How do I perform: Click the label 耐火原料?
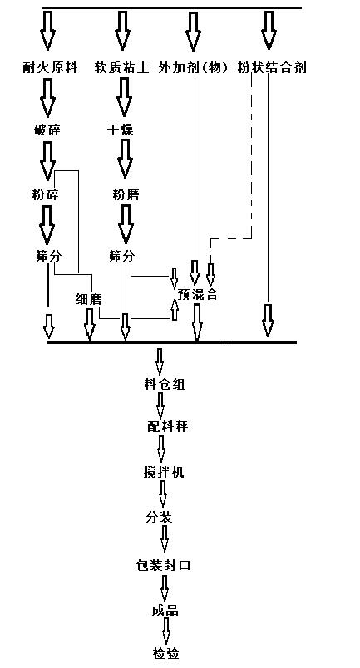[50, 68]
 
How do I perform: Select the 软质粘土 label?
[122, 68]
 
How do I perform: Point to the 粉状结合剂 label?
[271, 68]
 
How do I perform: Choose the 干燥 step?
[121, 130]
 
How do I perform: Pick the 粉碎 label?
[43, 194]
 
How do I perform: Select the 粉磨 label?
[126, 194]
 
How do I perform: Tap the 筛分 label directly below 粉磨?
[121, 256]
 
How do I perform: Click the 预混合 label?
[197, 294]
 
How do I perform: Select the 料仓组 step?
[164, 383]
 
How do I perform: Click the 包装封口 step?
[164, 565]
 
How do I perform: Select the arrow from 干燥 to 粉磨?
[125, 158]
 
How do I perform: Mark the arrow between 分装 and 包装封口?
[165, 541]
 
